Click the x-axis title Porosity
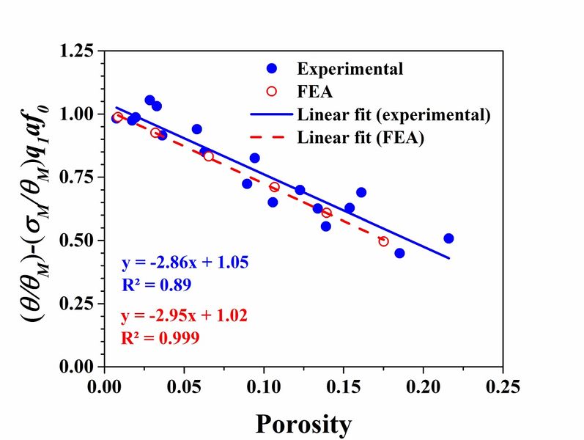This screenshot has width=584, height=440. click(303, 424)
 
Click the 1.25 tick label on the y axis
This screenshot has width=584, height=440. click(77, 51)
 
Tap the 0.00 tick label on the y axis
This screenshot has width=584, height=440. click(77, 366)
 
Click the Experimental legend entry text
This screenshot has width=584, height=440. click(350, 70)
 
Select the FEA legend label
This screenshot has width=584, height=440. click(315, 92)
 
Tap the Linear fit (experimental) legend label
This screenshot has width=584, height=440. click(393, 115)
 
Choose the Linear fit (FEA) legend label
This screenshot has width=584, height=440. click(361, 138)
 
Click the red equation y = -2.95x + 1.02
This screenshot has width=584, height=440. click(182, 316)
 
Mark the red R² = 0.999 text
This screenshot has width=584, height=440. click(158, 338)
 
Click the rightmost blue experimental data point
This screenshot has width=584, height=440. click(448, 238)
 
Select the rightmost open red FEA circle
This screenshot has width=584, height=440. click(383, 241)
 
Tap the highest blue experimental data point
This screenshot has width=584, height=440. click(149, 100)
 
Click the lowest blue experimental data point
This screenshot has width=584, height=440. click(399, 253)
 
